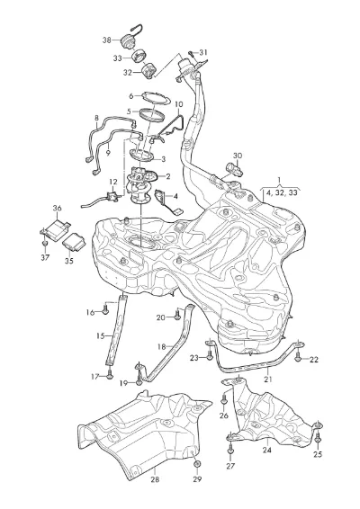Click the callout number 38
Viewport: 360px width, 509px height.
pos(107,40)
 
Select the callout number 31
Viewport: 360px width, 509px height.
pos(203,52)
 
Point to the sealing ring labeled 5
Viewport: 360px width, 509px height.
pos(152,114)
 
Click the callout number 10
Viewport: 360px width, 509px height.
pos(179,104)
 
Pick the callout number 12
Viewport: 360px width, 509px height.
pos(112,183)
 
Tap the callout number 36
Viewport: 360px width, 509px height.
pos(58,208)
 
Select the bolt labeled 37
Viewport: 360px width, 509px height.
pos(45,243)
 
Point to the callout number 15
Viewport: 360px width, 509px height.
pos(101,335)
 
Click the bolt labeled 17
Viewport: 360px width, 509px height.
pos(110,374)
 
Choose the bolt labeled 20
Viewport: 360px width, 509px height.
pos(176,315)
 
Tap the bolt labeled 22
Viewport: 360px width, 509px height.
pos(297,356)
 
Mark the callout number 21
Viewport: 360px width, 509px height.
pos(268,379)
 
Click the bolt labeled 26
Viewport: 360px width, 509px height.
pos(223,399)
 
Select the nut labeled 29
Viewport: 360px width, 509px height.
pos(197,465)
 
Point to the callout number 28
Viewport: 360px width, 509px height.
pos(156,478)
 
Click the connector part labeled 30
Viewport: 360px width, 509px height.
pos(234,168)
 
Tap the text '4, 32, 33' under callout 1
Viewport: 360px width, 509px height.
pos(282,192)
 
